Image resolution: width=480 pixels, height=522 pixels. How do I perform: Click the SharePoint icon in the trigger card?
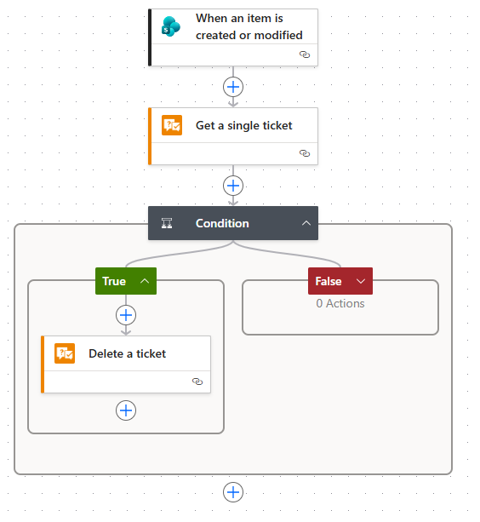pyautogui.click(x=171, y=26)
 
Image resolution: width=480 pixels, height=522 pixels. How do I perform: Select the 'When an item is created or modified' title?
pyautogui.click(x=249, y=26)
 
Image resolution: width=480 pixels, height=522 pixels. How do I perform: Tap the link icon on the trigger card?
pyautogui.click(x=305, y=54)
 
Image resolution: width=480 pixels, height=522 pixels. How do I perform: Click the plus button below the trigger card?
pyautogui.click(x=233, y=87)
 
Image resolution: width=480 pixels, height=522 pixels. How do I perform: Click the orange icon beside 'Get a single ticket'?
pyautogui.click(x=172, y=125)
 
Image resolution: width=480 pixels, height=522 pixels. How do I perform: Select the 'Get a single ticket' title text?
pyautogui.click(x=243, y=125)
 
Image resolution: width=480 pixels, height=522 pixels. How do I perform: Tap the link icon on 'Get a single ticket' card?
pyautogui.click(x=305, y=153)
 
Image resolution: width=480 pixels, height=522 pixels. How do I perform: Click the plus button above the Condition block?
pyautogui.click(x=233, y=186)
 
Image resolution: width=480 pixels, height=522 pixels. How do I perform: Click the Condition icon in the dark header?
pyautogui.click(x=167, y=223)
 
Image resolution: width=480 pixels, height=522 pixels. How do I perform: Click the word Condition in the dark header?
pyautogui.click(x=222, y=223)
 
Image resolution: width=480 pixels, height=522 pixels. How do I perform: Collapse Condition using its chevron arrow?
pyautogui.click(x=306, y=223)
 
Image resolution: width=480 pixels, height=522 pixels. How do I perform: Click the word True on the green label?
pyautogui.click(x=114, y=281)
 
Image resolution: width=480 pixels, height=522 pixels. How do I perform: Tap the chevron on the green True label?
pyautogui.click(x=145, y=281)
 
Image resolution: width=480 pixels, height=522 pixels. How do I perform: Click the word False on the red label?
pyautogui.click(x=329, y=281)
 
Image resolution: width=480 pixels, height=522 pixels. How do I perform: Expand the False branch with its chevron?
pyautogui.click(x=361, y=281)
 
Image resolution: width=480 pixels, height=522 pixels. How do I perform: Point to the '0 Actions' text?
pyautogui.click(x=340, y=303)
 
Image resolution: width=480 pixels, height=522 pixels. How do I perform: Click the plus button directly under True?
pyautogui.click(x=126, y=315)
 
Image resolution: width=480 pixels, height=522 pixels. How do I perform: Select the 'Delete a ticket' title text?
pyautogui.click(x=127, y=353)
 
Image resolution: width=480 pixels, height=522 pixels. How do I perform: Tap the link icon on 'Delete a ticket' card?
pyautogui.click(x=197, y=381)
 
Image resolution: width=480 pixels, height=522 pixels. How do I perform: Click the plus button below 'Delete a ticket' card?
pyautogui.click(x=126, y=410)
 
